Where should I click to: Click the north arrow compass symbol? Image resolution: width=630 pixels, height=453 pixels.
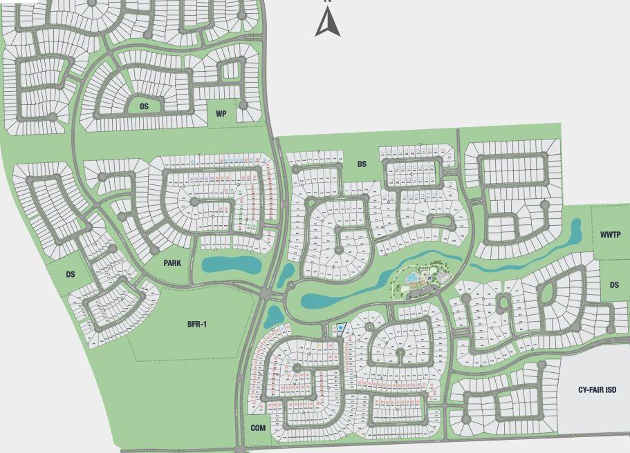pos(328,22)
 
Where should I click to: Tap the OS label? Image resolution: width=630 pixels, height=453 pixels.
pos(144,106)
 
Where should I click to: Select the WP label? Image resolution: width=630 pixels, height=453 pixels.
pos(221,114)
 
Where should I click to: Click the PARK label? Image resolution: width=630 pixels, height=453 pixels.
pos(172,263)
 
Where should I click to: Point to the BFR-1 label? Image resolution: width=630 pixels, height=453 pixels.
pos(197,324)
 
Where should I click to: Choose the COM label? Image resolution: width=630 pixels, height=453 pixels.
pos(258,428)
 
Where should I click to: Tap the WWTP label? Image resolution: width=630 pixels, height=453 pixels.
pos(611,235)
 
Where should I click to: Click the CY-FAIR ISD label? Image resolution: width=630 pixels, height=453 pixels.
pos(597,390)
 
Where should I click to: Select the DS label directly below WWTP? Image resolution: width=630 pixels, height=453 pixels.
pos(614,285)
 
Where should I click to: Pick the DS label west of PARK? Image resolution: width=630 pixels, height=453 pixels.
pos(71,275)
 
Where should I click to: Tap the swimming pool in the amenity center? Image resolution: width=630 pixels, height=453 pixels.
pos(413,278)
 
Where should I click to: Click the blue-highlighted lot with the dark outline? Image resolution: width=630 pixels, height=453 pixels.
pos(340,328)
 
